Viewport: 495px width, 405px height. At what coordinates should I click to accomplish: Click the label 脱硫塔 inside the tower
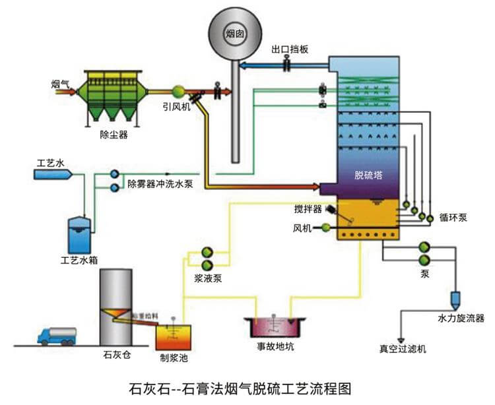click(368, 175)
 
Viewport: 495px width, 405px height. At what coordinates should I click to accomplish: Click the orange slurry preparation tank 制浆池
click(171, 336)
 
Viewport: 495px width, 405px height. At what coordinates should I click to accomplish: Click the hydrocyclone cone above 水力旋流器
click(457, 299)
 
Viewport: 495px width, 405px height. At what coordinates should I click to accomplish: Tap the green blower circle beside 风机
click(326, 228)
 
